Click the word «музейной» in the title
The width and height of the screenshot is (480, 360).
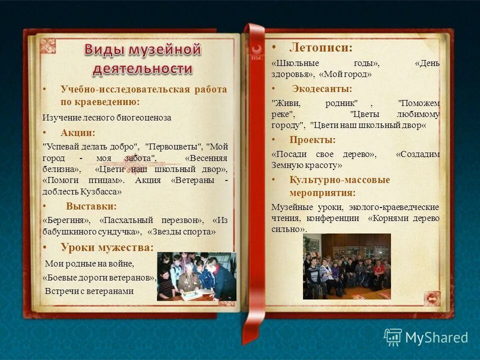(x=164, y=50)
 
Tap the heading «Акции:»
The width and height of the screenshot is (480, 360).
(x=77, y=133)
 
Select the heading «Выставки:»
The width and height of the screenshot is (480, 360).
(x=91, y=206)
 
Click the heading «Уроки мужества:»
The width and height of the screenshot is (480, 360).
(x=107, y=247)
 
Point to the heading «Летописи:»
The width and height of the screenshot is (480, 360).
(x=320, y=48)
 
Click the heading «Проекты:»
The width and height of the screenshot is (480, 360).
(x=312, y=140)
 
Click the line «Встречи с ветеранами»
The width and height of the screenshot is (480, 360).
(x=89, y=291)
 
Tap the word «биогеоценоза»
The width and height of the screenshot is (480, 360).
(x=145, y=118)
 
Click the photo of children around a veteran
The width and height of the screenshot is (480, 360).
(x=196, y=276)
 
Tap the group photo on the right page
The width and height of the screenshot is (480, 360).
(x=346, y=266)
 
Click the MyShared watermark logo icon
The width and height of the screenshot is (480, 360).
(x=393, y=337)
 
